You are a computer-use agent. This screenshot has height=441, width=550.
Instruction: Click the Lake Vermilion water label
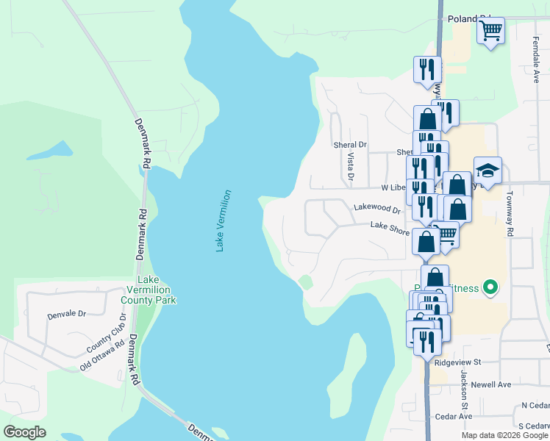point(224,221)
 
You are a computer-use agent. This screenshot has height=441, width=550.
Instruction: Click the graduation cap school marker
point(488,171)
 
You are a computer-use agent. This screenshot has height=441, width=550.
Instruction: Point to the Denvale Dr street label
point(67,314)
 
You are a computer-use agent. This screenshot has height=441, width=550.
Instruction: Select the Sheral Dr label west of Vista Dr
point(349,146)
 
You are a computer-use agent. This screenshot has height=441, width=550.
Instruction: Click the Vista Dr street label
point(350,168)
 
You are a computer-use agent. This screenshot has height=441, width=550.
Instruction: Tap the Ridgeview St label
point(457,362)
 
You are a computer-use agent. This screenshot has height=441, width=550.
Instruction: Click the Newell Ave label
point(491,384)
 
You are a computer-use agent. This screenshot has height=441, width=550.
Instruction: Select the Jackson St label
point(465,390)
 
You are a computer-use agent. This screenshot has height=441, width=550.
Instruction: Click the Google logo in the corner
point(25,432)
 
